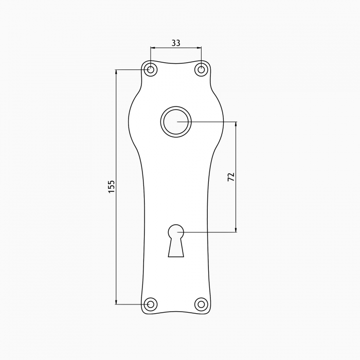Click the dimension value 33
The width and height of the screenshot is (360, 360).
pyautogui.click(x=175, y=43)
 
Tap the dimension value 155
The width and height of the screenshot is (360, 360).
pyautogui.click(x=112, y=186)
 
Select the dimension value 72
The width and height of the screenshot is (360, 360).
pyautogui.click(x=231, y=176)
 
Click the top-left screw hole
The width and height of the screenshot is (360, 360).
pyautogui.click(x=150, y=69)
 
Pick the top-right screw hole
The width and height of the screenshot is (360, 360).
pyautogui.click(x=201, y=69)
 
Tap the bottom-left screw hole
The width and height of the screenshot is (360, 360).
pyautogui.click(x=150, y=304)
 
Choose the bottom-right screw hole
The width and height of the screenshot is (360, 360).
pyautogui.click(x=201, y=304)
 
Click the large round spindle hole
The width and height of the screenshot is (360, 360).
pyautogui.click(x=176, y=122)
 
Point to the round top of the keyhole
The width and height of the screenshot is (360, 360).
pyautogui.click(x=176, y=232)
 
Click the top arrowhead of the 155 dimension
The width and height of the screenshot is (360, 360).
pyautogui.click(x=116, y=72)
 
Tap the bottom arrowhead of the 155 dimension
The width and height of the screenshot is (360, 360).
pyautogui.click(x=116, y=301)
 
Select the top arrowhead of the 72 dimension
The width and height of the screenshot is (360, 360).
pyautogui.click(x=236, y=124)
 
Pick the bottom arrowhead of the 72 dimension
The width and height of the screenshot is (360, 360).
pyautogui.click(x=236, y=229)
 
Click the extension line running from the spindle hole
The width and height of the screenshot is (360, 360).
pyautogui.click(x=211, y=122)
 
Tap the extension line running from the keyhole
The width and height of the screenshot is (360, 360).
pyautogui.click(x=211, y=232)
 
